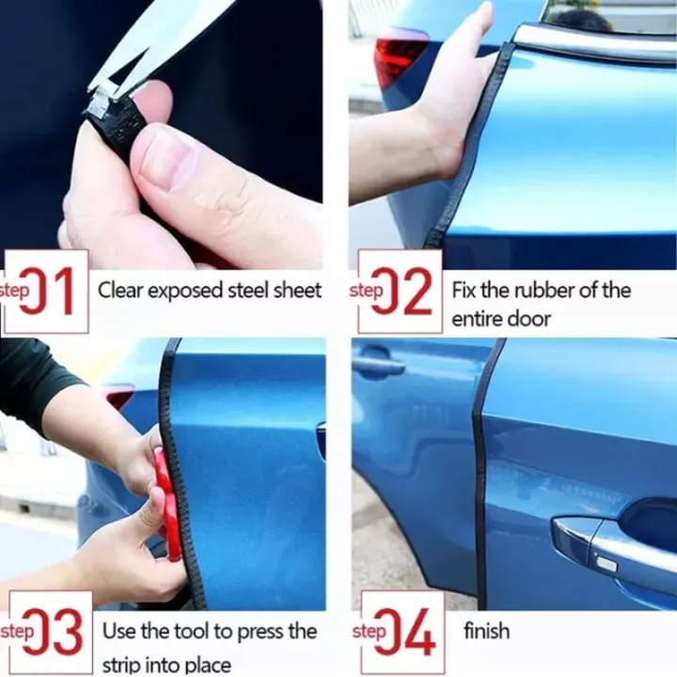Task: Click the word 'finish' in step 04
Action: click(486, 630)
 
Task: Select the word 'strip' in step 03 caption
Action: click(124, 665)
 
